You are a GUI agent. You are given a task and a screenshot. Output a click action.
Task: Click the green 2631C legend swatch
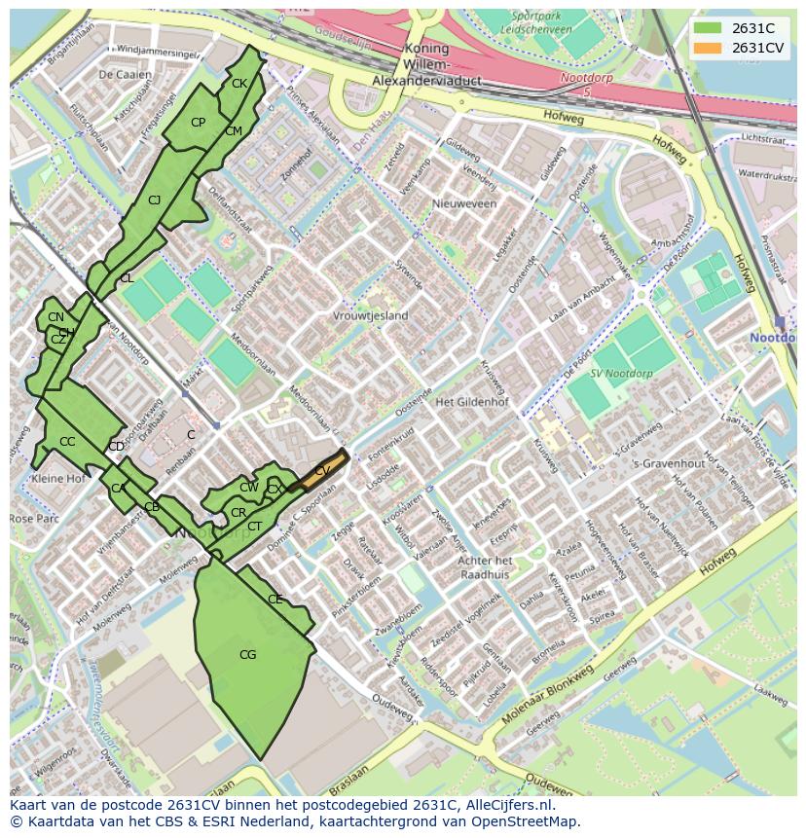[x=708, y=28]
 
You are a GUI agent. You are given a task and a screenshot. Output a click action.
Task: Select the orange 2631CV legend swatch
[x=708, y=48]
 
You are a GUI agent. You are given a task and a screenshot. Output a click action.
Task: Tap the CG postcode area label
[x=248, y=655]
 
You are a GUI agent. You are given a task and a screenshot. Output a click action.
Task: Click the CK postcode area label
[x=239, y=84]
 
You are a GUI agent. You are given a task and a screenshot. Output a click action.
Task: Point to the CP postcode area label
[x=198, y=123]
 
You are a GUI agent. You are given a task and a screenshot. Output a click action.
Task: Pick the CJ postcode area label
[x=154, y=200]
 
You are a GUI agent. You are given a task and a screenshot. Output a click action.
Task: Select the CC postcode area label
[x=67, y=442]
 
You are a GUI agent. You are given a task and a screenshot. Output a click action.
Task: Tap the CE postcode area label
[x=275, y=600]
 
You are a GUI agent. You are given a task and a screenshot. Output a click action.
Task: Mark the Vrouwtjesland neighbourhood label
[x=370, y=316]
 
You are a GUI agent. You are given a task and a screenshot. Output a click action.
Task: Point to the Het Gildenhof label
[x=473, y=402]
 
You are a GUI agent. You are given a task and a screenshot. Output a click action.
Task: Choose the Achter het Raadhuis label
[x=485, y=567]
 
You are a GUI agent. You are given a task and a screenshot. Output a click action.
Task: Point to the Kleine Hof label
[x=57, y=479]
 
